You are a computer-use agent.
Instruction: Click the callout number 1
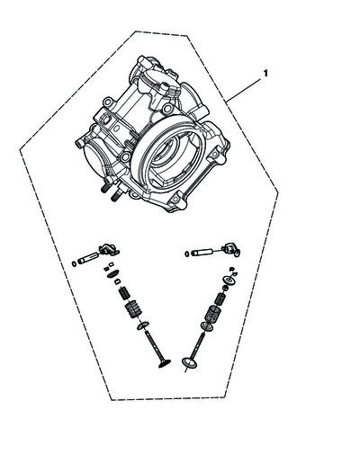point(265,73)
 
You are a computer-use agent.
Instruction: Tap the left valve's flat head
point(165,363)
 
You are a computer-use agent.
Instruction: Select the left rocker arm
point(109,251)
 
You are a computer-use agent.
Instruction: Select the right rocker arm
point(231,250)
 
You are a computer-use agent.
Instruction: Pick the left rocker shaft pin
point(89,258)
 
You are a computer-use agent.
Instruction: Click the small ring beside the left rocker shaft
point(74,263)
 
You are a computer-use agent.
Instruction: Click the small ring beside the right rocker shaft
point(187,254)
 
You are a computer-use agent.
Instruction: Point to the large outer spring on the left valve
point(132,309)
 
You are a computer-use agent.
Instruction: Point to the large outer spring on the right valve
point(212,315)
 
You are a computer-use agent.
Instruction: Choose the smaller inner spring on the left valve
point(124,292)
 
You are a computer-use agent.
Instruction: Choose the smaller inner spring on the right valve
point(220,299)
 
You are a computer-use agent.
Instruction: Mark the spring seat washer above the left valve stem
point(143,325)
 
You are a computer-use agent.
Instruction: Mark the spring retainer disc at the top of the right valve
point(229,280)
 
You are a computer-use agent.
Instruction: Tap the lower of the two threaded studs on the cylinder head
point(115,197)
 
